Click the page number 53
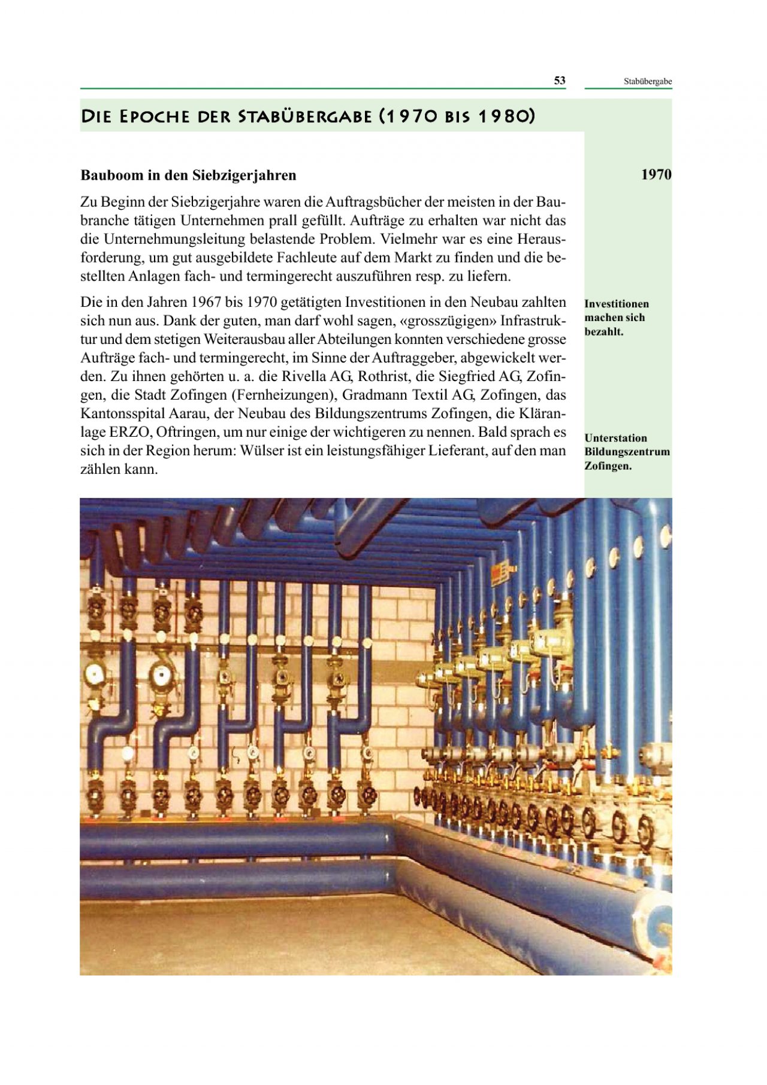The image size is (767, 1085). (x=559, y=81)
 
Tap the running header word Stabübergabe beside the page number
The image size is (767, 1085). (x=647, y=81)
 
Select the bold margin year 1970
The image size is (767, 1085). (x=656, y=174)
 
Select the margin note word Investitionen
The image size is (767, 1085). (x=617, y=304)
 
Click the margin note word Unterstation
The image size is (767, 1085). (x=615, y=438)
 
